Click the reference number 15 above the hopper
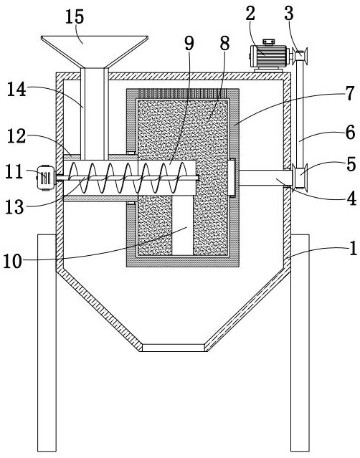tap(75, 16)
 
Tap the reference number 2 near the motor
tap(250, 13)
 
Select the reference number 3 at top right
tap(289, 13)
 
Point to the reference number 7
tap(350, 93)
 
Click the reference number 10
tap(13, 261)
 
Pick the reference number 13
tap(14, 206)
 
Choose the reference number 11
tap(14, 171)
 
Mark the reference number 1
tap(353, 248)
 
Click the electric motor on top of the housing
tap(268, 55)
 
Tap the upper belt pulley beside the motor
tap(300, 55)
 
